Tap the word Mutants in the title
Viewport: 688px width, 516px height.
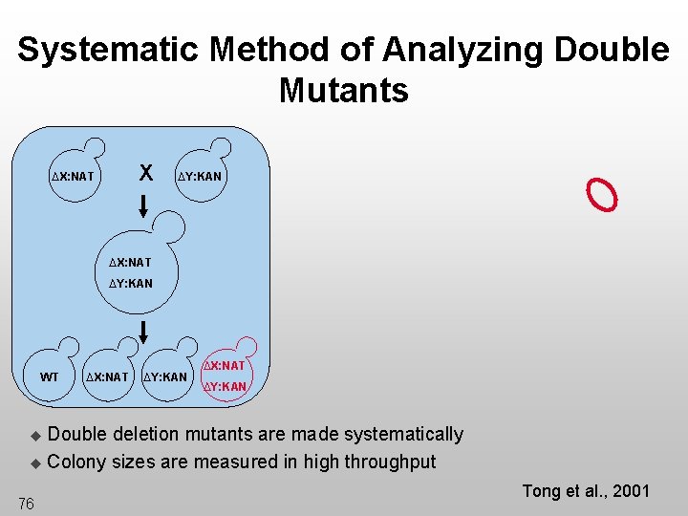tap(344, 91)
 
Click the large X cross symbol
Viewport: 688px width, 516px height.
tap(145, 173)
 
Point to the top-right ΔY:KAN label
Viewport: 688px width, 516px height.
tap(199, 176)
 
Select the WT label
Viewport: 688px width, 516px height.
tap(49, 376)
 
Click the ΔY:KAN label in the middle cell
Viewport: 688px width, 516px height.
tap(130, 283)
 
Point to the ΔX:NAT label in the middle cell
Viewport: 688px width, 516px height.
tap(129, 262)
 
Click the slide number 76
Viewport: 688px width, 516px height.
tap(26, 504)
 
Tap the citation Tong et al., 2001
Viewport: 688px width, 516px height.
tap(585, 491)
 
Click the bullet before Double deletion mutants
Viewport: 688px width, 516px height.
tap(35, 436)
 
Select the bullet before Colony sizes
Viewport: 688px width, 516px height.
tap(35, 463)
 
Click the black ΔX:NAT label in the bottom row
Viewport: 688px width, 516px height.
tap(106, 376)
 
